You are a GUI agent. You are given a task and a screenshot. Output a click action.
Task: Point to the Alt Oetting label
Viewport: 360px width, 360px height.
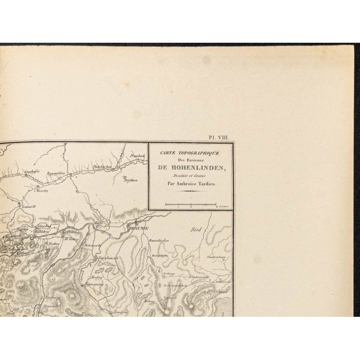point(72,239)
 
